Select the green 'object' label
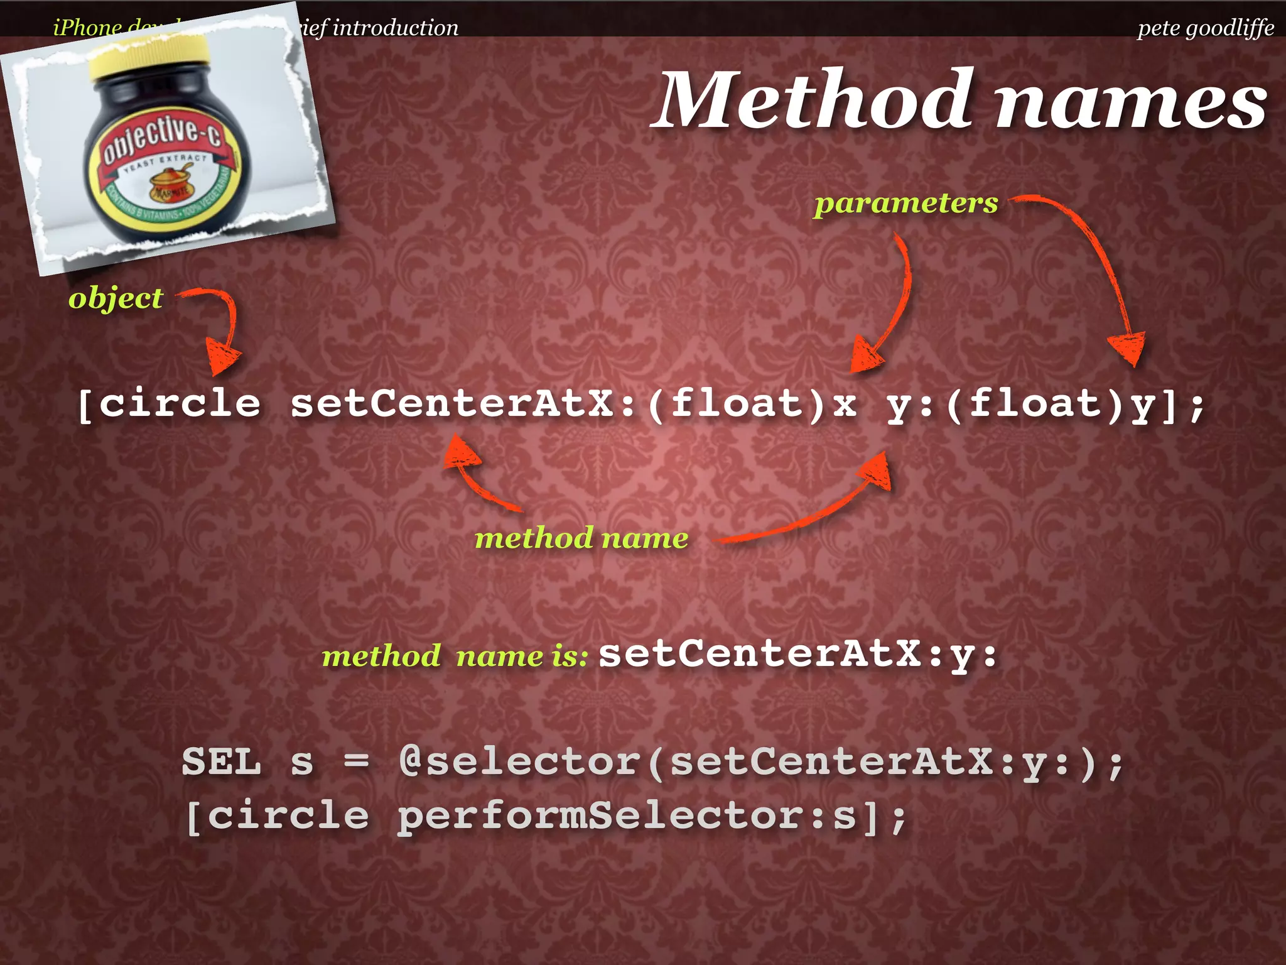pos(116,298)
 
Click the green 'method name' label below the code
pos(581,538)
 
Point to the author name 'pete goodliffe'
pos(1205,28)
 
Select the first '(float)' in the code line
pos(736,403)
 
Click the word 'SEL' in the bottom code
pos(221,762)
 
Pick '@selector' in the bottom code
pos(519,762)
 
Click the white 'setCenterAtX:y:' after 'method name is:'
pos(797,654)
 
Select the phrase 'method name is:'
pos(455,657)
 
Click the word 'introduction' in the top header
pos(395,28)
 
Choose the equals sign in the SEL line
pos(356,762)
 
